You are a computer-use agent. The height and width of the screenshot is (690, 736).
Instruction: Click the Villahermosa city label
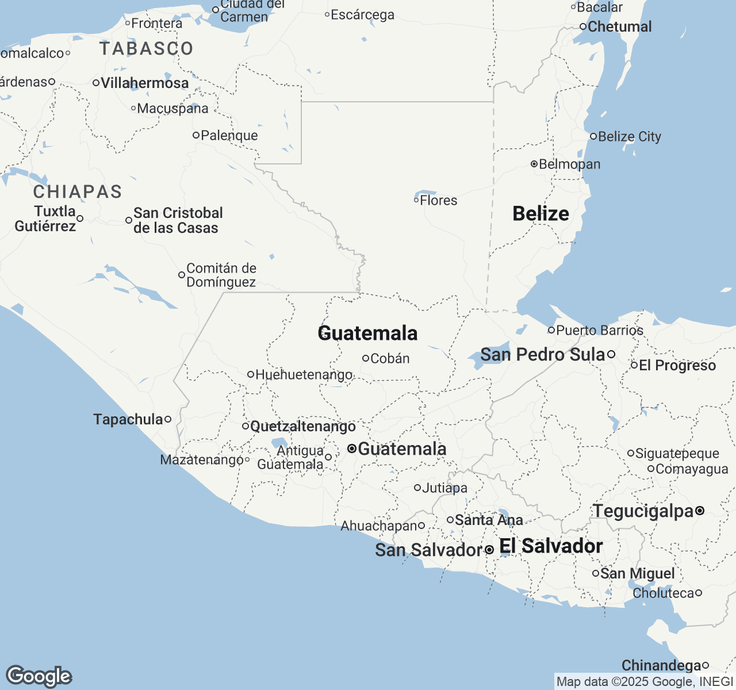tap(144, 83)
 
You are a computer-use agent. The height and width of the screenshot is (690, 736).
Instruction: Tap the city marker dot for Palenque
tap(196, 135)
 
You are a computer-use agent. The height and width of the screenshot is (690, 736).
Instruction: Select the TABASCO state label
tap(146, 49)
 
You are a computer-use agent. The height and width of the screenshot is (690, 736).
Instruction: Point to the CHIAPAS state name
tap(78, 191)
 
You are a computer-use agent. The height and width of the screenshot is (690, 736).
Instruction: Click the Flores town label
tap(439, 201)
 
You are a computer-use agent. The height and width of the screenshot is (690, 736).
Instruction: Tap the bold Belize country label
tap(540, 214)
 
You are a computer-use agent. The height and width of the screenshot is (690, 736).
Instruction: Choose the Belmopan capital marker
tap(534, 164)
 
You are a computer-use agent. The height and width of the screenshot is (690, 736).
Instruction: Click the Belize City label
tap(630, 137)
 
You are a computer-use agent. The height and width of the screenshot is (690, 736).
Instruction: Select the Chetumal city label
tap(620, 27)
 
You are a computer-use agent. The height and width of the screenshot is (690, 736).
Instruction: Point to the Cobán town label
tap(390, 359)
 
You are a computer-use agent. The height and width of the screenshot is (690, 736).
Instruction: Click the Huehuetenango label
tap(304, 375)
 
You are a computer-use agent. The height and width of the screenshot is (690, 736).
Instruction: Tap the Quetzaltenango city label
tap(303, 427)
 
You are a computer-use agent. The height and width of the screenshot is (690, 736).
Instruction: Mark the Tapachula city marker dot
tap(168, 419)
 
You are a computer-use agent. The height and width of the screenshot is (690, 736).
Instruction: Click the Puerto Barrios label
tap(600, 331)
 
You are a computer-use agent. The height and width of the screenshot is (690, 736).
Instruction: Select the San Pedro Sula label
tap(543, 355)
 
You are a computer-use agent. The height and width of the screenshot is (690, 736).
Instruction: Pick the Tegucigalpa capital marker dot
tap(700, 511)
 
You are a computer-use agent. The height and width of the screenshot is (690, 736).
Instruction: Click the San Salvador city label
tap(428, 550)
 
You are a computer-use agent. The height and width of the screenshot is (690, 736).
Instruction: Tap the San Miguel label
tap(638, 574)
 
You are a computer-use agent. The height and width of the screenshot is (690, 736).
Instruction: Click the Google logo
tap(39, 677)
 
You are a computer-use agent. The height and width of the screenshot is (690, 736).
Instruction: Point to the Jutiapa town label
tap(444, 488)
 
